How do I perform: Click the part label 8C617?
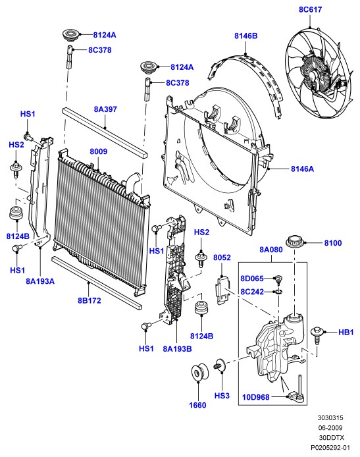[x=310, y=10]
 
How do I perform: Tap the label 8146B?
[x=246, y=36]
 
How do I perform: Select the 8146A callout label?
[x=302, y=169]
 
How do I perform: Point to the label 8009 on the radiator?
[x=99, y=151]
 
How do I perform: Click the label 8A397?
[x=105, y=109]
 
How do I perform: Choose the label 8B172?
[x=89, y=300]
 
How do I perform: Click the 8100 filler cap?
[x=295, y=241]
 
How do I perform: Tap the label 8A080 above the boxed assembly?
[x=271, y=250]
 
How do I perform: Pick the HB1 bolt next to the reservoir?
[x=317, y=335]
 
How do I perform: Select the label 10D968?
[x=256, y=397]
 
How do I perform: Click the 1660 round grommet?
[x=199, y=372]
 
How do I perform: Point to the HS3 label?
[x=222, y=396]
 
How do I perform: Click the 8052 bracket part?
[x=222, y=290]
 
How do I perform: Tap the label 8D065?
[x=252, y=279]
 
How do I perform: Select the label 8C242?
[x=252, y=292]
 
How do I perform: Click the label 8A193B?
[x=177, y=348]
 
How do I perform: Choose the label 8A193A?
[x=40, y=281]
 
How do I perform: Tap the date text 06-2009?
[x=330, y=428]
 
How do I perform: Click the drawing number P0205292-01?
[x=330, y=447]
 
